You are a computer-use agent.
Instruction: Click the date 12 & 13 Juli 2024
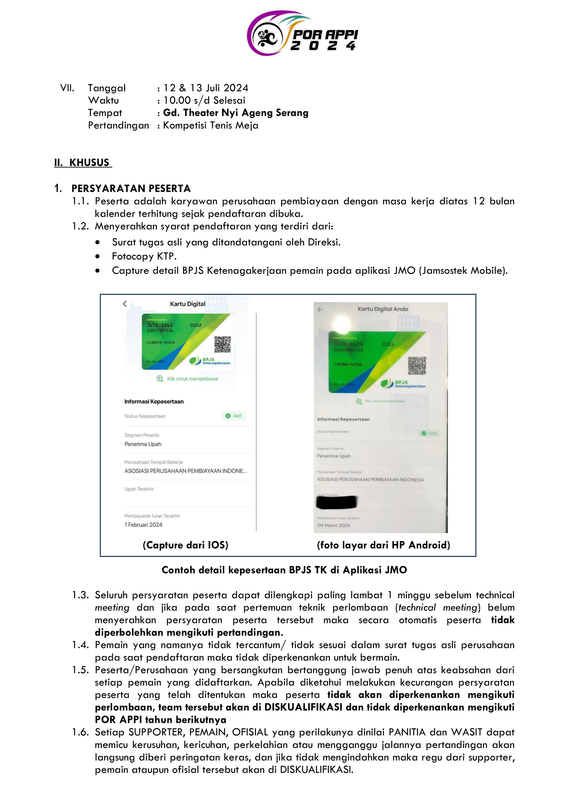tap(206, 88)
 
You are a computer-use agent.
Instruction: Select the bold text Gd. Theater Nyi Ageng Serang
tap(235, 113)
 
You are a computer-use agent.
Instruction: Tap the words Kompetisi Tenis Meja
tap(211, 125)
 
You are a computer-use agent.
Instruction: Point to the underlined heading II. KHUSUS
tap(83, 163)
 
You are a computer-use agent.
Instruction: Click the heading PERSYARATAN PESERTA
tap(131, 188)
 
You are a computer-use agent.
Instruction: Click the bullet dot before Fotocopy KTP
tap(97, 256)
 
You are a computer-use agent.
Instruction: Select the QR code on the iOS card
tap(223, 344)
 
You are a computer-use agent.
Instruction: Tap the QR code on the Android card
tap(417, 366)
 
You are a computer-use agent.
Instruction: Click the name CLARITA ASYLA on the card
tap(161, 342)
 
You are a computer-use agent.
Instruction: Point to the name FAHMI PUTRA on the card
tap(348, 364)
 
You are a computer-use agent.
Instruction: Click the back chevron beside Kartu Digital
tap(125, 304)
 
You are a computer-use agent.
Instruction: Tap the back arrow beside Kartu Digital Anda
tap(320, 309)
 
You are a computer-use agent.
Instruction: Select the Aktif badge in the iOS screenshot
tap(234, 416)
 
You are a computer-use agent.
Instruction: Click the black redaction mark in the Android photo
tap(336, 502)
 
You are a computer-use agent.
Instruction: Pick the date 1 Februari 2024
tap(143, 525)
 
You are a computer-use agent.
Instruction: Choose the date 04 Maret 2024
tap(334, 525)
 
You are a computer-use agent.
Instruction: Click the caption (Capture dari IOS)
tap(185, 545)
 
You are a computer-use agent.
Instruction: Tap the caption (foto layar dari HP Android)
tap(383, 545)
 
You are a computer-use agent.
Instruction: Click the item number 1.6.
tap(80, 732)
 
